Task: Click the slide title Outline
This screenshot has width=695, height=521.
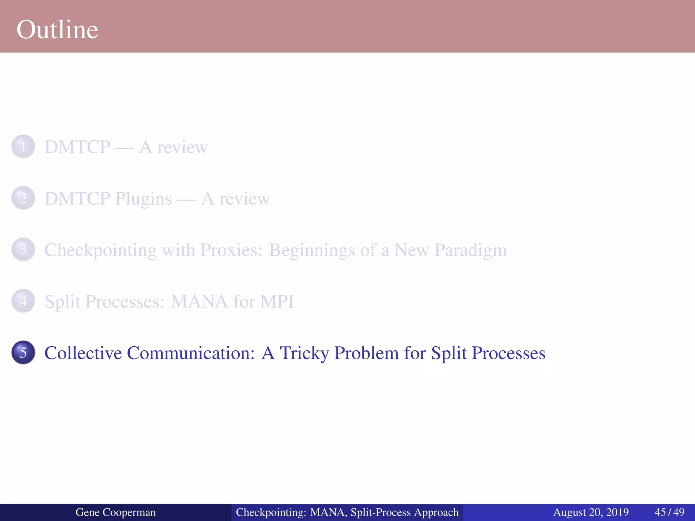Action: pyautogui.click(x=57, y=30)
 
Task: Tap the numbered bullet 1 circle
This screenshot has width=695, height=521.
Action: pyautogui.click(x=23, y=147)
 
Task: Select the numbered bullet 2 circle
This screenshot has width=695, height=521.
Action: pyautogui.click(x=23, y=198)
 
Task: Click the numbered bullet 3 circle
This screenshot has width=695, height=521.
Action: pyautogui.click(x=23, y=250)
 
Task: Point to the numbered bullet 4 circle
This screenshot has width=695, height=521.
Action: pyautogui.click(x=23, y=301)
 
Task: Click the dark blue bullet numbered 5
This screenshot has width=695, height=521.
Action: pyautogui.click(x=23, y=352)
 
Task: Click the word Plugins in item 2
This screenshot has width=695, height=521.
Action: pyautogui.click(x=143, y=199)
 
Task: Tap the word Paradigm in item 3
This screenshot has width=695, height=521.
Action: pyautogui.click(x=471, y=250)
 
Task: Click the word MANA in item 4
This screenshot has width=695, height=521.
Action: pyautogui.click(x=199, y=302)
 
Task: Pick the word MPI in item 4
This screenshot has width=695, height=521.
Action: pyautogui.click(x=277, y=302)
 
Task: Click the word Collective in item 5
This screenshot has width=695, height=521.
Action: pyautogui.click(x=83, y=353)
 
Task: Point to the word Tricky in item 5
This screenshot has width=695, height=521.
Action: pyautogui.click(x=304, y=353)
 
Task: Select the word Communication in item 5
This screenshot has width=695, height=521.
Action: pyautogui.click(x=191, y=353)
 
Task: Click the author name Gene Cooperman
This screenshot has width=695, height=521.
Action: pyautogui.click(x=115, y=512)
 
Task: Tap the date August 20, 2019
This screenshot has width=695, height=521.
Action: pyautogui.click(x=591, y=512)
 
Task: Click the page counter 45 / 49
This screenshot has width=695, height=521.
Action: pyautogui.click(x=669, y=512)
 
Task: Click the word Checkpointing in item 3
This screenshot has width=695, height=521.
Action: pyautogui.click(x=100, y=250)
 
